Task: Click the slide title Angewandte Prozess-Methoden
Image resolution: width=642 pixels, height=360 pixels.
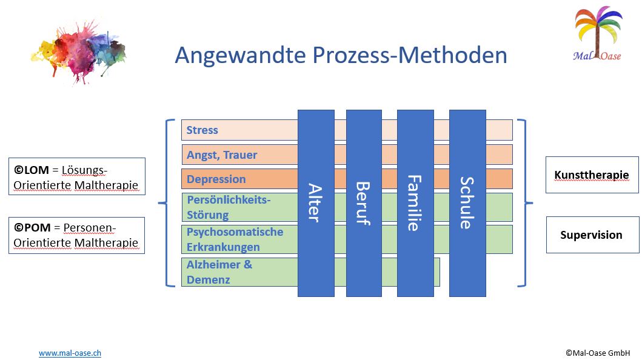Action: pos(341,55)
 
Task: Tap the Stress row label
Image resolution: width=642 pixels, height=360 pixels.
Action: pos(202,130)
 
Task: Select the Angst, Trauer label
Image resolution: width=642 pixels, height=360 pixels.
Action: pos(222,155)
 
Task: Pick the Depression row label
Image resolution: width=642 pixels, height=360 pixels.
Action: pos(216,179)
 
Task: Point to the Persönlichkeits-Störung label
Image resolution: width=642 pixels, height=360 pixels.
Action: pos(229,207)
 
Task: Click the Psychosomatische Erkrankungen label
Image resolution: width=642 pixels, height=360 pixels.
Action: pos(235,239)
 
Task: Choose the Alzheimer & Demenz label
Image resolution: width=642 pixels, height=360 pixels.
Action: pos(219,272)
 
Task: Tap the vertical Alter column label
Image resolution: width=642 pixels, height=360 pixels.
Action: pos(315,202)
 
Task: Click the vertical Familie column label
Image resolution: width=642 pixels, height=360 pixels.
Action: pos(415,203)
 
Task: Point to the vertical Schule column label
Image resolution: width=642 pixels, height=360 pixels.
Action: pos(467,202)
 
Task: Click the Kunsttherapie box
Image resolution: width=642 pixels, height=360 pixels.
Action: pos(592,175)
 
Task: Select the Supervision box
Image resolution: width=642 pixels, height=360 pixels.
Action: pos(592,235)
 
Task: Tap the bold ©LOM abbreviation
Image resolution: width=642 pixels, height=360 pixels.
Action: pos(32,170)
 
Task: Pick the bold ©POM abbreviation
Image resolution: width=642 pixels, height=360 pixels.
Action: pos(32,227)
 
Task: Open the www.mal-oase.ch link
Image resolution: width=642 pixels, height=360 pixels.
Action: pos(70,353)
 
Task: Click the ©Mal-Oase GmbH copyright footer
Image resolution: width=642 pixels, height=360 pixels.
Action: pos(598,353)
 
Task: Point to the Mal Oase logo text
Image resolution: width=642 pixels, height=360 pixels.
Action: pos(597,56)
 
